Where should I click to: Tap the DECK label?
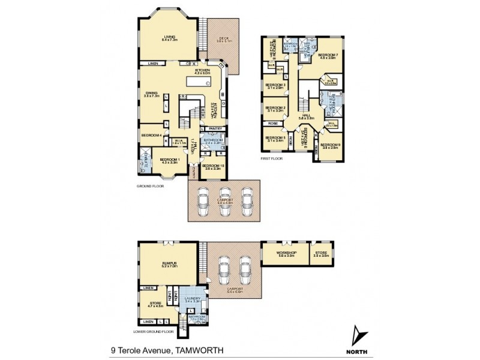coord(223,39)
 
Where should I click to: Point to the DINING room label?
coord(152,93)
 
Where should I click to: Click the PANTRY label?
coord(217,128)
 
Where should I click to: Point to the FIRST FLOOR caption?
coord(271,158)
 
